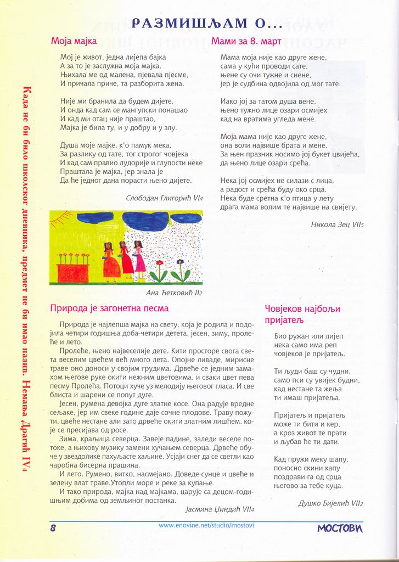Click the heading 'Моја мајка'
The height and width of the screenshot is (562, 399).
(74, 41)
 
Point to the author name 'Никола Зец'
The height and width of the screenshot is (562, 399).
(331, 224)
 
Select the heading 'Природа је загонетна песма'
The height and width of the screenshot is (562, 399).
(109, 308)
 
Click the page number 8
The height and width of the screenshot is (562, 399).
(54, 528)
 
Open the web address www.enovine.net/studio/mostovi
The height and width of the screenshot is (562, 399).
(206, 525)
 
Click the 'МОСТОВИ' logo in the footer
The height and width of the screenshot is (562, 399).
(340, 528)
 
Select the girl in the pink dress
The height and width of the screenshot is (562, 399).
(139, 258)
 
